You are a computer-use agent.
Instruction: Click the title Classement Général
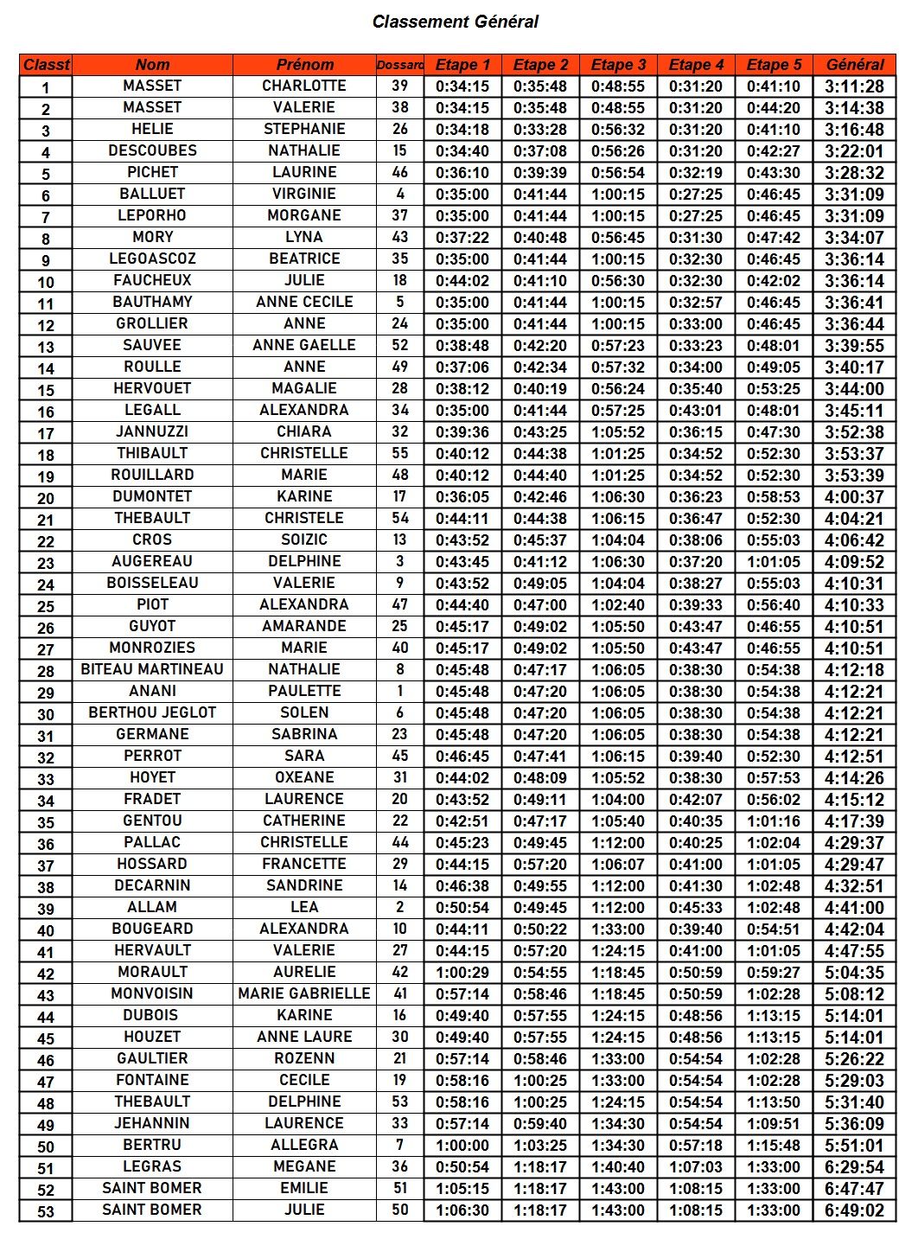pos(456,22)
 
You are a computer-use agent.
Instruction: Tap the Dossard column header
pos(399,65)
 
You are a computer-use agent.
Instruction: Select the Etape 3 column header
pos(618,65)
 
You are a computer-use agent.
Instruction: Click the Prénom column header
pos(304,65)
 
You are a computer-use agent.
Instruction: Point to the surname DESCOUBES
pos(152,150)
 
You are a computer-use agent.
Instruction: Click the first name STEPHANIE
pos(304,129)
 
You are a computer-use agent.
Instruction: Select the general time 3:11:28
pos(854,86)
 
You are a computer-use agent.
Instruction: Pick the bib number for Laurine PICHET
pos(399,172)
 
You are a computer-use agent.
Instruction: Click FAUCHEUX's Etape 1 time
pos(462,280)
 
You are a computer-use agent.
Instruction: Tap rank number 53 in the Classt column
pos(46,1211)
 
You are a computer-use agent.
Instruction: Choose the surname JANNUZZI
pos(152,431)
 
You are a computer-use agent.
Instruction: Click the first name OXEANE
pos(304,777)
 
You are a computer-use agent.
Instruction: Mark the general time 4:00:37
pos(854,496)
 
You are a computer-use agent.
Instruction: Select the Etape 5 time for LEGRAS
pos(774,1166)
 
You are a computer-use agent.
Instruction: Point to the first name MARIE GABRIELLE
pos(304,993)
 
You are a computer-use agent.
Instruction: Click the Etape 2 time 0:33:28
pos(540,129)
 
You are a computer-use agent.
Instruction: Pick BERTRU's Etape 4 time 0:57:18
pos(696,1145)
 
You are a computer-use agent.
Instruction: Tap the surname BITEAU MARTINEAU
pos(152,669)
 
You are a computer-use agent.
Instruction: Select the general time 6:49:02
pos(854,1210)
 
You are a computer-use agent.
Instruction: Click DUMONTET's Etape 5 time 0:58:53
pos(774,496)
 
